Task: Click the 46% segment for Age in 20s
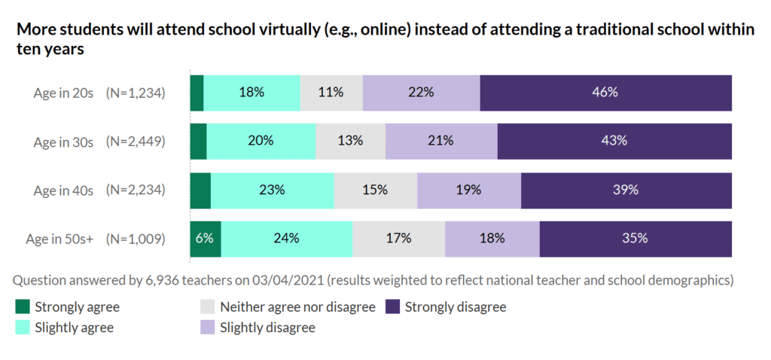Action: (x=605, y=93)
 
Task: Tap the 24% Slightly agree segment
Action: (x=287, y=238)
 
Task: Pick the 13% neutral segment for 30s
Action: (x=350, y=141)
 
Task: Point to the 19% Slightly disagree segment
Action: (x=468, y=190)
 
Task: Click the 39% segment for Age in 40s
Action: (x=625, y=190)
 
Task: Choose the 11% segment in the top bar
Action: (x=331, y=93)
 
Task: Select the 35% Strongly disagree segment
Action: (x=635, y=238)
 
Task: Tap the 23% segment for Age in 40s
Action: (x=272, y=190)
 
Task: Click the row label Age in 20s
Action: (x=63, y=93)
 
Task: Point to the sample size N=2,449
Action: (x=136, y=142)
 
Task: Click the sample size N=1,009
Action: (x=136, y=239)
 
